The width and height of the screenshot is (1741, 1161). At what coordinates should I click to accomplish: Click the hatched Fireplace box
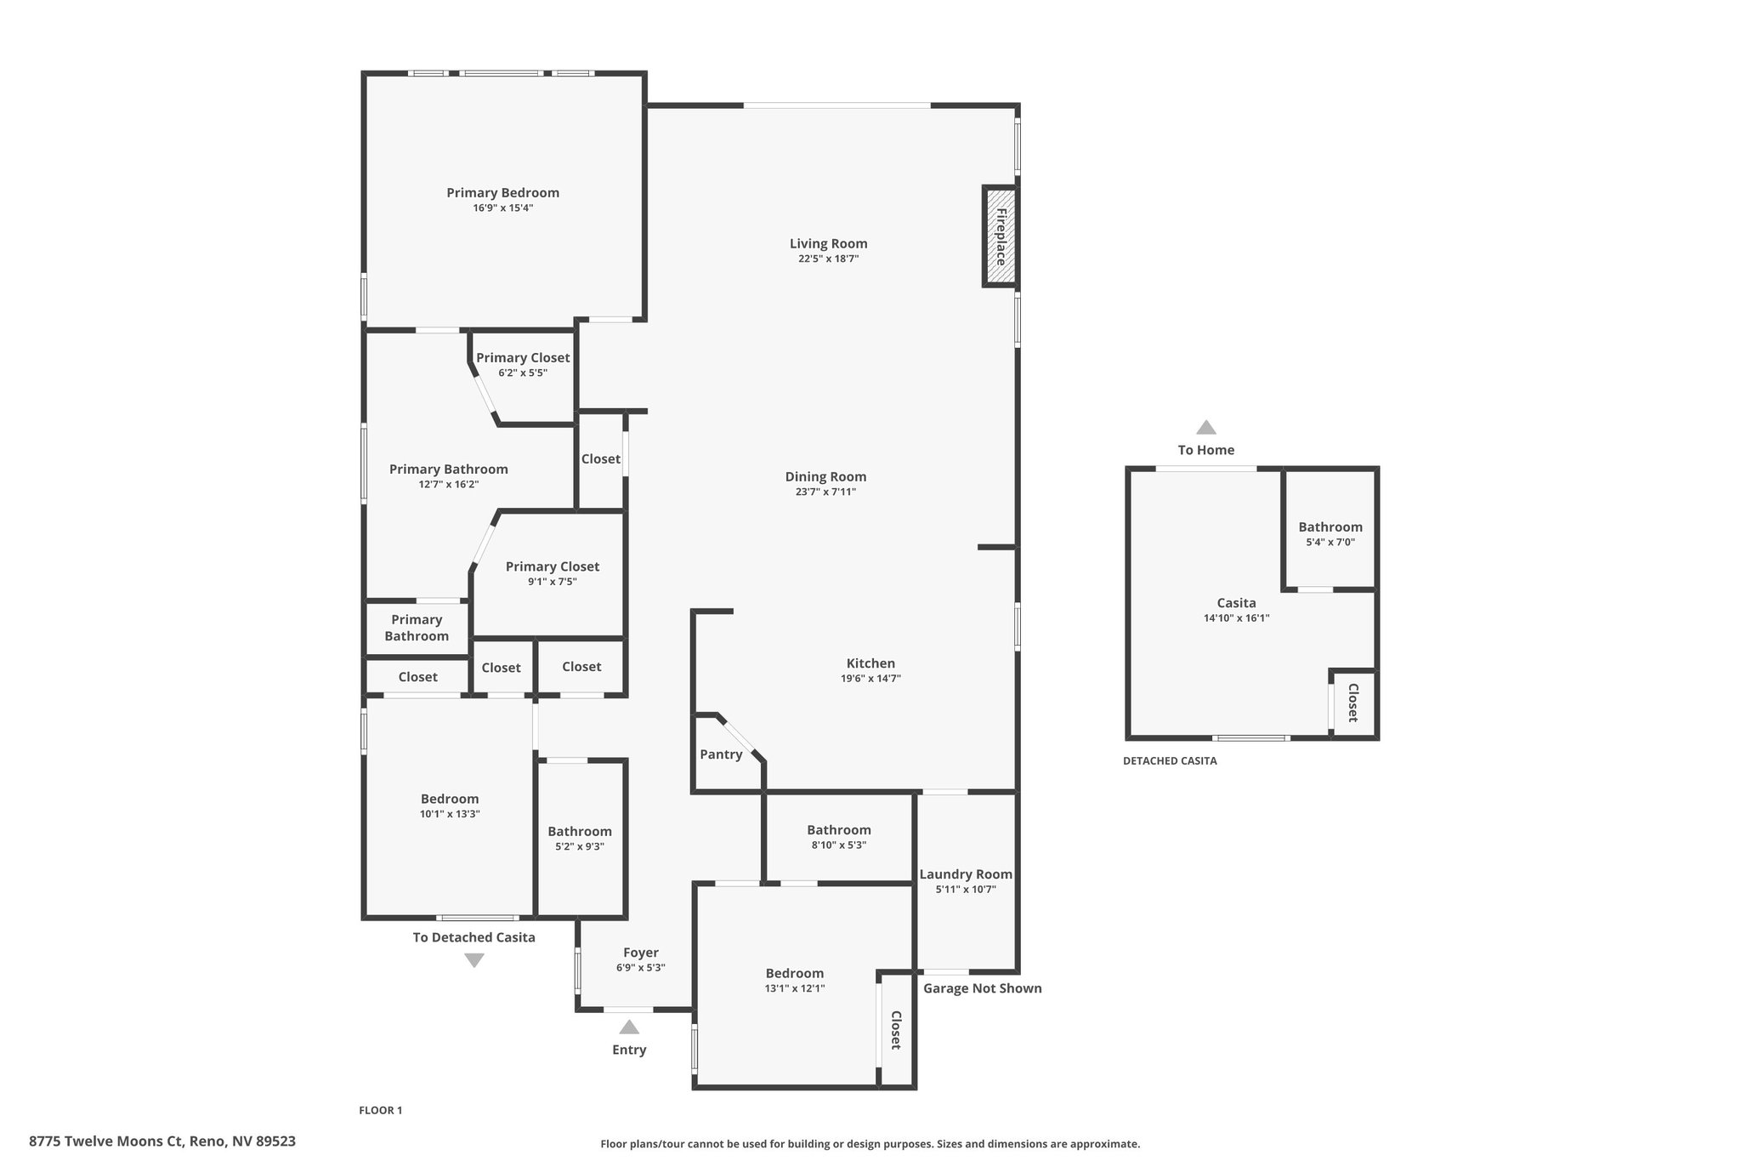[x=1001, y=236]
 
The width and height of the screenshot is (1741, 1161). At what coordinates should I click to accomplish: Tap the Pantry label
[x=721, y=754]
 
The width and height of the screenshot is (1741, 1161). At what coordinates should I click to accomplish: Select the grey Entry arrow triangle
[x=629, y=1027]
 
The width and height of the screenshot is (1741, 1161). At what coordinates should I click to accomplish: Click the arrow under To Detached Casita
[x=474, y=960]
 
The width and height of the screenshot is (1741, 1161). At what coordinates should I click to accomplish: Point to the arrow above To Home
[x=1206, y=427]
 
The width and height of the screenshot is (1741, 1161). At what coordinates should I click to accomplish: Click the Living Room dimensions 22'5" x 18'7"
[x=829, y=259]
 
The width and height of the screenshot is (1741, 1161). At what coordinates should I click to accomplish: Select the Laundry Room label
[x=966, y=874]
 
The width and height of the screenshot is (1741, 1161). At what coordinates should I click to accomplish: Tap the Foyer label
[x=641, y=953]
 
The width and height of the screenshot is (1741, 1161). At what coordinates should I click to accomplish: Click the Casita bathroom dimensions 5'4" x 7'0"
[x=1330, y=542]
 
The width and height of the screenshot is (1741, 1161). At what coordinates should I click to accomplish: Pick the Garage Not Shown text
[x=983, y=988]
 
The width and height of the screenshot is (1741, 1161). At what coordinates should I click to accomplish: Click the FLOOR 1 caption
[x=381, y=1110]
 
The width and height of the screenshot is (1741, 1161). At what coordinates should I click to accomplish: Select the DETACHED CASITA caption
[x=1170, y=761]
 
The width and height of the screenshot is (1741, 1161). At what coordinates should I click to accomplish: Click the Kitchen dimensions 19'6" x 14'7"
[x=870, y=679]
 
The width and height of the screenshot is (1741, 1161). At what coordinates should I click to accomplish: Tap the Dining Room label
[x=825, y=477]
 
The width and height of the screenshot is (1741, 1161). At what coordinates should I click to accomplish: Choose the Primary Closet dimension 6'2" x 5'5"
[x=523, y=373]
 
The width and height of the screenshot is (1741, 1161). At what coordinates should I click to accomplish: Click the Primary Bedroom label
[x=503, y=193]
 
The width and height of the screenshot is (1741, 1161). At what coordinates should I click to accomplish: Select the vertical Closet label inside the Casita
[x=1353, y=703]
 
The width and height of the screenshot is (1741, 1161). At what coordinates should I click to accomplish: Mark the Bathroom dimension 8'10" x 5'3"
[x=839, y=845]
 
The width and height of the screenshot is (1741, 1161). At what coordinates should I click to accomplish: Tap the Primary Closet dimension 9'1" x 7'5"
[x=553, y=582]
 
